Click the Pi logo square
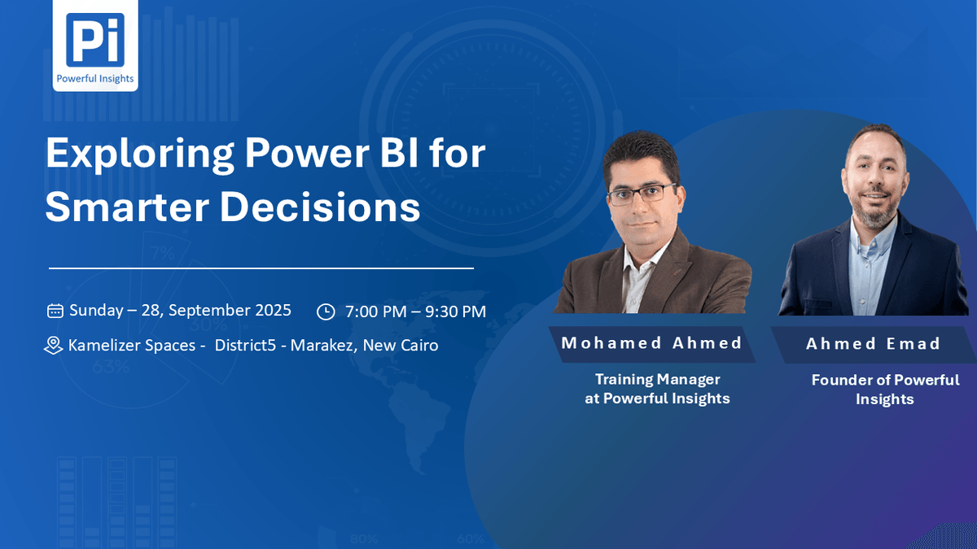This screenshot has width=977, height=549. (x=95, y=40)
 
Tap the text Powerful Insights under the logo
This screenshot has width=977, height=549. (x=95, y=78)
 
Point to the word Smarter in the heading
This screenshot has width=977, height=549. (x=127, y=207)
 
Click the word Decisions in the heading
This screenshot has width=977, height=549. (x=320, y=207)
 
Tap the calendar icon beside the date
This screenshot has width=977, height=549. (x=55, y=311)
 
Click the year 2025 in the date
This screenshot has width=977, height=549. (x=273, y=310)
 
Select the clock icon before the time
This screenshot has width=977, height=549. (x=326, y=312)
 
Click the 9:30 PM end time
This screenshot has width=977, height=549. (x=455, y=312)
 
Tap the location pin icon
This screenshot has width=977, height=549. (x=53, y=346)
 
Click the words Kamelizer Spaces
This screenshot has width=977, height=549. (x=132, y=346)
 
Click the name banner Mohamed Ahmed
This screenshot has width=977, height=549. (x=651, y=344)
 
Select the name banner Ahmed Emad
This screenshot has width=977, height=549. (x=873, y=344)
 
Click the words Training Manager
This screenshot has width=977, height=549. (x=657, y=380)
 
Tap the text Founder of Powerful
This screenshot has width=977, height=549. (x=885, y=380)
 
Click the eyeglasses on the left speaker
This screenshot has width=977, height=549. (x=642, y=194)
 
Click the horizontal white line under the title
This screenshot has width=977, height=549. (x=261, y=268)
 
